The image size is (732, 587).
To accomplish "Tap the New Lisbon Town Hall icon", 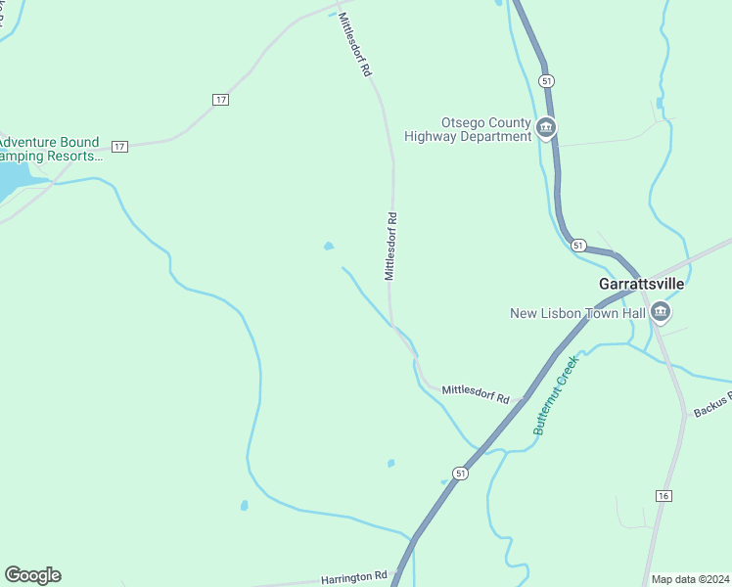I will pos(662,312).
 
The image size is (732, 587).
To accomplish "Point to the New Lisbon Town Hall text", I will pos(578,313).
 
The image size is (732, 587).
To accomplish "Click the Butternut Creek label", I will pos(557,394).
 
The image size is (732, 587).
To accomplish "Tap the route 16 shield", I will pos(663,497).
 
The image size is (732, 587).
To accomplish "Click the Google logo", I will pos(32,575).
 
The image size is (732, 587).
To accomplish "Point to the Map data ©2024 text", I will pos(690,579).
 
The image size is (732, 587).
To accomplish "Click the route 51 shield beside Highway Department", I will pos(546,80).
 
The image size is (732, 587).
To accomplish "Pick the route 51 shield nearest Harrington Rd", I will pos(461,473).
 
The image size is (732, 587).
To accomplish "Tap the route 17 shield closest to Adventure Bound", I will pos(119,146).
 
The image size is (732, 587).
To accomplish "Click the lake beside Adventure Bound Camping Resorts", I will pos(12,180).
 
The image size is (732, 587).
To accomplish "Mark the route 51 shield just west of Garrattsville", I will pos(578,246).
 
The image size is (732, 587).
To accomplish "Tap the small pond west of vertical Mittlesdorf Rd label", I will pos(329,246).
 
